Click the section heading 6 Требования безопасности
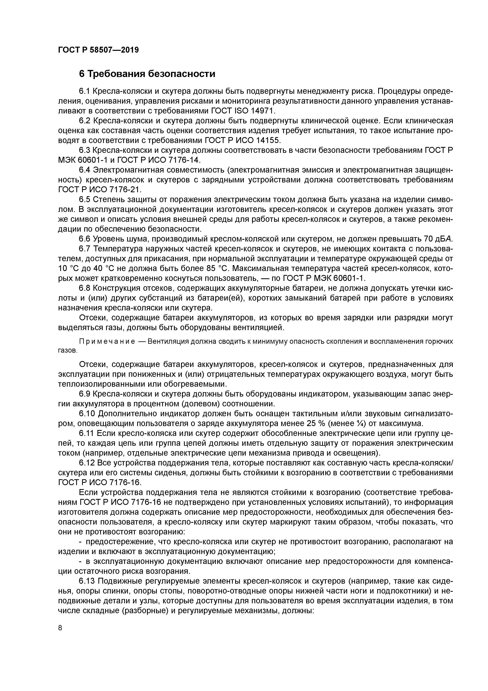(147, 74)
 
